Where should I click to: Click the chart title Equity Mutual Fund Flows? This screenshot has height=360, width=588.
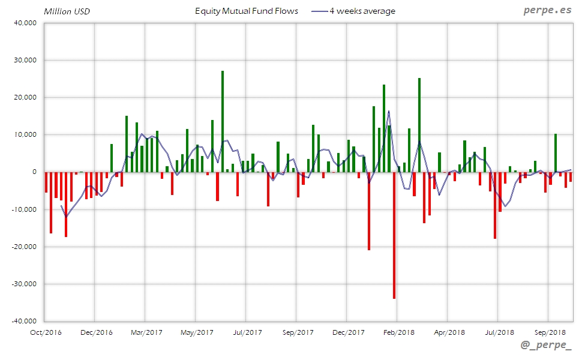coord(246,11)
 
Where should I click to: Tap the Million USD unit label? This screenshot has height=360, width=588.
coord(67,11)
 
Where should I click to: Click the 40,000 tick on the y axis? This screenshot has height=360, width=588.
coord(25,23)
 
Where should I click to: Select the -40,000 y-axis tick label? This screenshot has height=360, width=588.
coord(24,321)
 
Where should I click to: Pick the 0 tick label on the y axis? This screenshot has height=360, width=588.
coord(34,172)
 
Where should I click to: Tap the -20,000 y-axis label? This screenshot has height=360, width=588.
coord(24,247)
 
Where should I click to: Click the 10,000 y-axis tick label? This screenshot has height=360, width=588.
coord(25,135)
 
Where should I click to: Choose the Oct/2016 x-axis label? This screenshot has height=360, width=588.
coord(46,332)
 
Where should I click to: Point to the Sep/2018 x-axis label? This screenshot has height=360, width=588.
coord(550,332)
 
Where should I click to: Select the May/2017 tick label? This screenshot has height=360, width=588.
coord(197,332)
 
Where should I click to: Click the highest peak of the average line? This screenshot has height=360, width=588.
coord(389,112)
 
